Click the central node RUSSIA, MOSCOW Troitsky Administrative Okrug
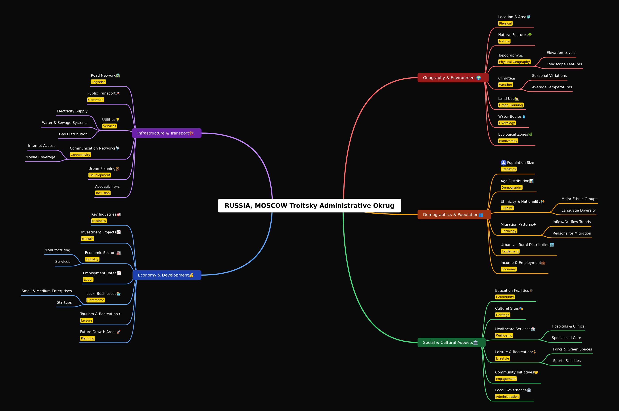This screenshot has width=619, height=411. coord(309,205)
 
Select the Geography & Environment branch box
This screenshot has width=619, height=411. coord(453,78)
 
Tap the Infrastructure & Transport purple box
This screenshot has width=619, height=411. coord(167,133)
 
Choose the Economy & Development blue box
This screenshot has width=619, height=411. coord(167,275)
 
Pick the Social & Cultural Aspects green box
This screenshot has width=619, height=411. coord(451,342)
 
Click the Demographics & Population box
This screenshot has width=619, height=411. coord(454,214)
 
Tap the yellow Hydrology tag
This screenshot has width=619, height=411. coord(507,123)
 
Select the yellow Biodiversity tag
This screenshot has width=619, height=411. coord(508,141)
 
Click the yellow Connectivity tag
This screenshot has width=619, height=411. coord(80,155)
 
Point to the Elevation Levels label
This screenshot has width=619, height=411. coord(561,53)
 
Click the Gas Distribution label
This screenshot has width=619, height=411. coord(73,134)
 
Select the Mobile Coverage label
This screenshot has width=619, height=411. coord(40,157)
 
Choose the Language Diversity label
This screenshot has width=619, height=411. coord(579,210)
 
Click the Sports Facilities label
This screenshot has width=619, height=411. coord(567,361)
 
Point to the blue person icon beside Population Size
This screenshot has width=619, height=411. coord(503,163)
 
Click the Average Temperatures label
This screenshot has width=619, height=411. coord(552,87)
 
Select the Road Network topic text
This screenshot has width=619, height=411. coord(103,76)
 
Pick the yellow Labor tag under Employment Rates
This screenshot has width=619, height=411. coord(88,279)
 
